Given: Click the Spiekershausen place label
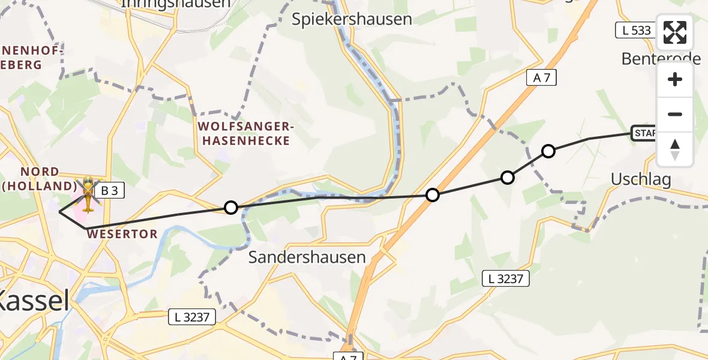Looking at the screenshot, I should coord(352,19).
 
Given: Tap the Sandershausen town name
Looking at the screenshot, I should coord(307,257).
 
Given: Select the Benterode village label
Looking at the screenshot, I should coord(661,59).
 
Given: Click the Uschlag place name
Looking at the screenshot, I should coord(641,179).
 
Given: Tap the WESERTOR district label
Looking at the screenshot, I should coord(122,233).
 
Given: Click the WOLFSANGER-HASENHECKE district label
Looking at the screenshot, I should coord(245,134).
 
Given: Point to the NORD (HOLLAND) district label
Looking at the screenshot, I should coord(39,179).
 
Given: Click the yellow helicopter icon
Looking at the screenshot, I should coord(88,195).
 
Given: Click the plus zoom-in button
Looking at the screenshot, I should coord(675,80).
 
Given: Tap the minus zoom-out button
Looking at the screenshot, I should coord(675,114).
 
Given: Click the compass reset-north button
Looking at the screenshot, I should coord(675,149).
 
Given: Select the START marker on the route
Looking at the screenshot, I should coord(644,133).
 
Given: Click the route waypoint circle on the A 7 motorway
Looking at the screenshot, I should coord(432,195).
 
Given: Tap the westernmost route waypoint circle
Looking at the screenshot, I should coord(230,208).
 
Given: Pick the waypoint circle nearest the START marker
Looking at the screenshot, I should coord(548,151).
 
